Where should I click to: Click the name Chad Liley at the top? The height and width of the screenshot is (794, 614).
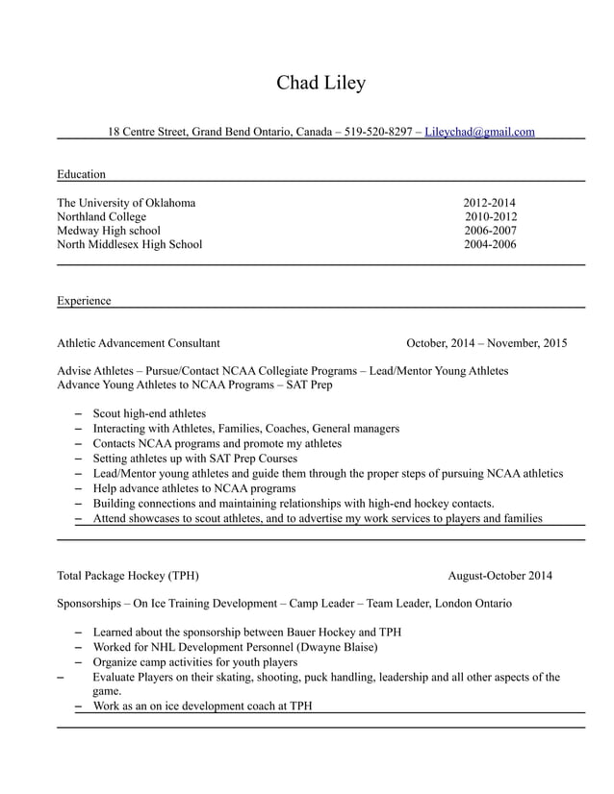pos(320,83)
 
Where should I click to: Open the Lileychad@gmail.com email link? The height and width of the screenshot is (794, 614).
pos(479,132)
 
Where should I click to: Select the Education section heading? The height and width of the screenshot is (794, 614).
pos(81,174)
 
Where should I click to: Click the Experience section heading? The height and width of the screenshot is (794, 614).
pos(84,301)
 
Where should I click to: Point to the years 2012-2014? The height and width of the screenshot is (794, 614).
pos(490,203)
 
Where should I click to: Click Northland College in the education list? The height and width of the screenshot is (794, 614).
pos(101,217)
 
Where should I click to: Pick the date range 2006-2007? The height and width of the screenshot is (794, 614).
pos(490,231)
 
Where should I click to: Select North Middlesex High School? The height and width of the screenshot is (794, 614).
pos(129,244)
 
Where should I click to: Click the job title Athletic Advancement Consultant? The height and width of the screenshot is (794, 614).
pos(138,342)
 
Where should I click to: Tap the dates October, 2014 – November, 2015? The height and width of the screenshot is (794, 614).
pos(486,342)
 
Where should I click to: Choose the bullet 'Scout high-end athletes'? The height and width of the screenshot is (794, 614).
pos(149,414)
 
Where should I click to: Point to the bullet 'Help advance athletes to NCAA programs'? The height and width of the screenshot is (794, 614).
pos(193,488)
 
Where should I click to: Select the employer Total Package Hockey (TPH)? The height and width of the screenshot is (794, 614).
pos(128,576)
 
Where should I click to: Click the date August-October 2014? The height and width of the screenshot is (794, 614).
pos(499,576)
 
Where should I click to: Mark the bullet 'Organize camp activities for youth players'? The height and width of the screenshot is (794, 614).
pos(194,662)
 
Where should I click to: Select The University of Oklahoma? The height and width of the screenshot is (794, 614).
pos(126,203)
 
